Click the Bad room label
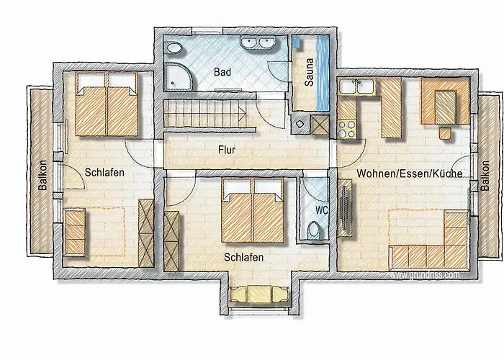point(222,72)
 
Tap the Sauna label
point(309,72)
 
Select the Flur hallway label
point(227,150)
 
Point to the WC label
point(322,210)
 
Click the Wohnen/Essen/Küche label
point(410,174)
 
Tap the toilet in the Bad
point(174,48)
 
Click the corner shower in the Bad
point(179,76)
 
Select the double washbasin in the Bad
point(258,42)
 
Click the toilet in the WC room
point(314,230)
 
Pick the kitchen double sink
point(357,86)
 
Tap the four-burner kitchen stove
point(347,129)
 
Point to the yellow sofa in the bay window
point(258,294)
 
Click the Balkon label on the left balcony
point(42,175)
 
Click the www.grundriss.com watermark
point(424,275)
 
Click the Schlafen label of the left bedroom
point(104,172)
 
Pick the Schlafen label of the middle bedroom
point(243,257)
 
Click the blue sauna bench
point(323,73)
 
